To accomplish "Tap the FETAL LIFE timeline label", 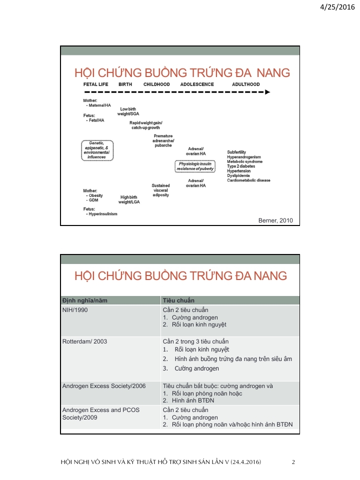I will (95, 84).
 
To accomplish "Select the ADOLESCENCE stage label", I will (197, 84).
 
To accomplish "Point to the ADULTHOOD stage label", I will (245, 84).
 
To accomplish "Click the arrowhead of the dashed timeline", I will (267, 92).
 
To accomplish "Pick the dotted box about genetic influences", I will (97, 150).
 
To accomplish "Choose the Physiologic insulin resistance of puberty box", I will (195, 166).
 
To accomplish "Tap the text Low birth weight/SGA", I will (128, 111).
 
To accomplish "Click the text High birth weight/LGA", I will (128, 199).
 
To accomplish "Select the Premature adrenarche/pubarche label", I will (163, 141).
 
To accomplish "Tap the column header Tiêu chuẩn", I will (178, 300).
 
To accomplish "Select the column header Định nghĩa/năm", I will (84, 300).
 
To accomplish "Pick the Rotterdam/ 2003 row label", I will (84, 341).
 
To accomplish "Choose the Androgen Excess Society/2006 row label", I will (104, 386).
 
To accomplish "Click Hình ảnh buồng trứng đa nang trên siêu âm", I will (233, 358).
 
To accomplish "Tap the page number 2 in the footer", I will (293, 462).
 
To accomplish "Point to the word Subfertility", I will (236, 152).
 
